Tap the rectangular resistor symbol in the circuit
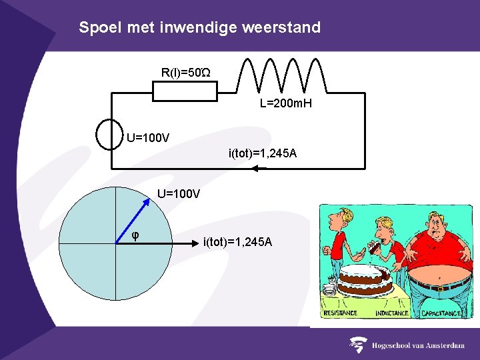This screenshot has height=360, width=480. (185, 92)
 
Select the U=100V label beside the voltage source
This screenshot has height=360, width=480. (148, 139)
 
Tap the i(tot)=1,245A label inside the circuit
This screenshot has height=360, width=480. (263, 154)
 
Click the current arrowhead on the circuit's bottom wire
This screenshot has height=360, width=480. (256, 168)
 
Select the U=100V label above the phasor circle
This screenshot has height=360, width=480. (179, 194)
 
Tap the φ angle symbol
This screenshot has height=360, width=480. (135, 235)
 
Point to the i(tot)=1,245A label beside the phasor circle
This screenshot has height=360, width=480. (237, 241)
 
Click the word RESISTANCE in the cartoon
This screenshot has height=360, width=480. (341, 313)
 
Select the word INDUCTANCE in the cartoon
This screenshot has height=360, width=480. (392, 313)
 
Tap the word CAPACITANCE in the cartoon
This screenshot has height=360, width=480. (441, 313)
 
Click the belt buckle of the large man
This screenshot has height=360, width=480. (439, 288)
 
